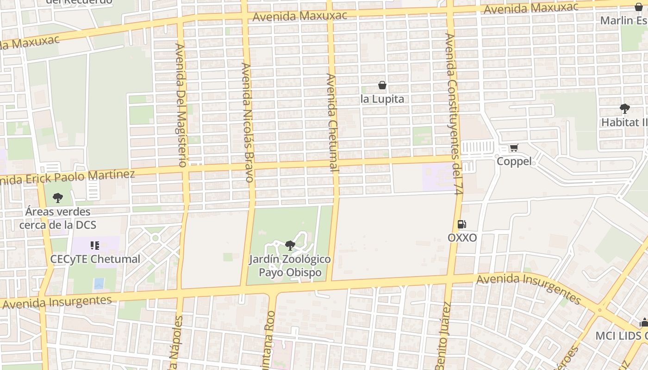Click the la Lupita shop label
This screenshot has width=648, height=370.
coord(382,99)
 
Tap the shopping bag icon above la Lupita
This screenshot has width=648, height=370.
coord(382,85)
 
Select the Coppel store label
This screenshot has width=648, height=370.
coord(514,162)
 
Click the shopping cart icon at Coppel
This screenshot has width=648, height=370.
coord(514,148)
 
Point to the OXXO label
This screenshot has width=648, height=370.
coord(462,238)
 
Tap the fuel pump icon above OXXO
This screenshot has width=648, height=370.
coord(462,224)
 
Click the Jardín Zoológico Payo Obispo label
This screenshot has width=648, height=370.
coord(290,265)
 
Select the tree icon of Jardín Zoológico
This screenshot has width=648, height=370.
coord(290,245)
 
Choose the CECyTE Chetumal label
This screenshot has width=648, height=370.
coord(95,259)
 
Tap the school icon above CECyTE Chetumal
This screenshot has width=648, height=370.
coord(95,245)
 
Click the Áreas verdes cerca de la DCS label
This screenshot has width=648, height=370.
coord(58,218)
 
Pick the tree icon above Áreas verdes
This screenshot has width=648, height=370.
coord(58,198)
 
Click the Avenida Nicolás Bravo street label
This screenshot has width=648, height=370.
coord(248,122)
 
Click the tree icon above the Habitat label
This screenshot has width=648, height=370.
coord(624,109)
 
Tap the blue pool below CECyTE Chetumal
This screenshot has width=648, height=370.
coord(99,283)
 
